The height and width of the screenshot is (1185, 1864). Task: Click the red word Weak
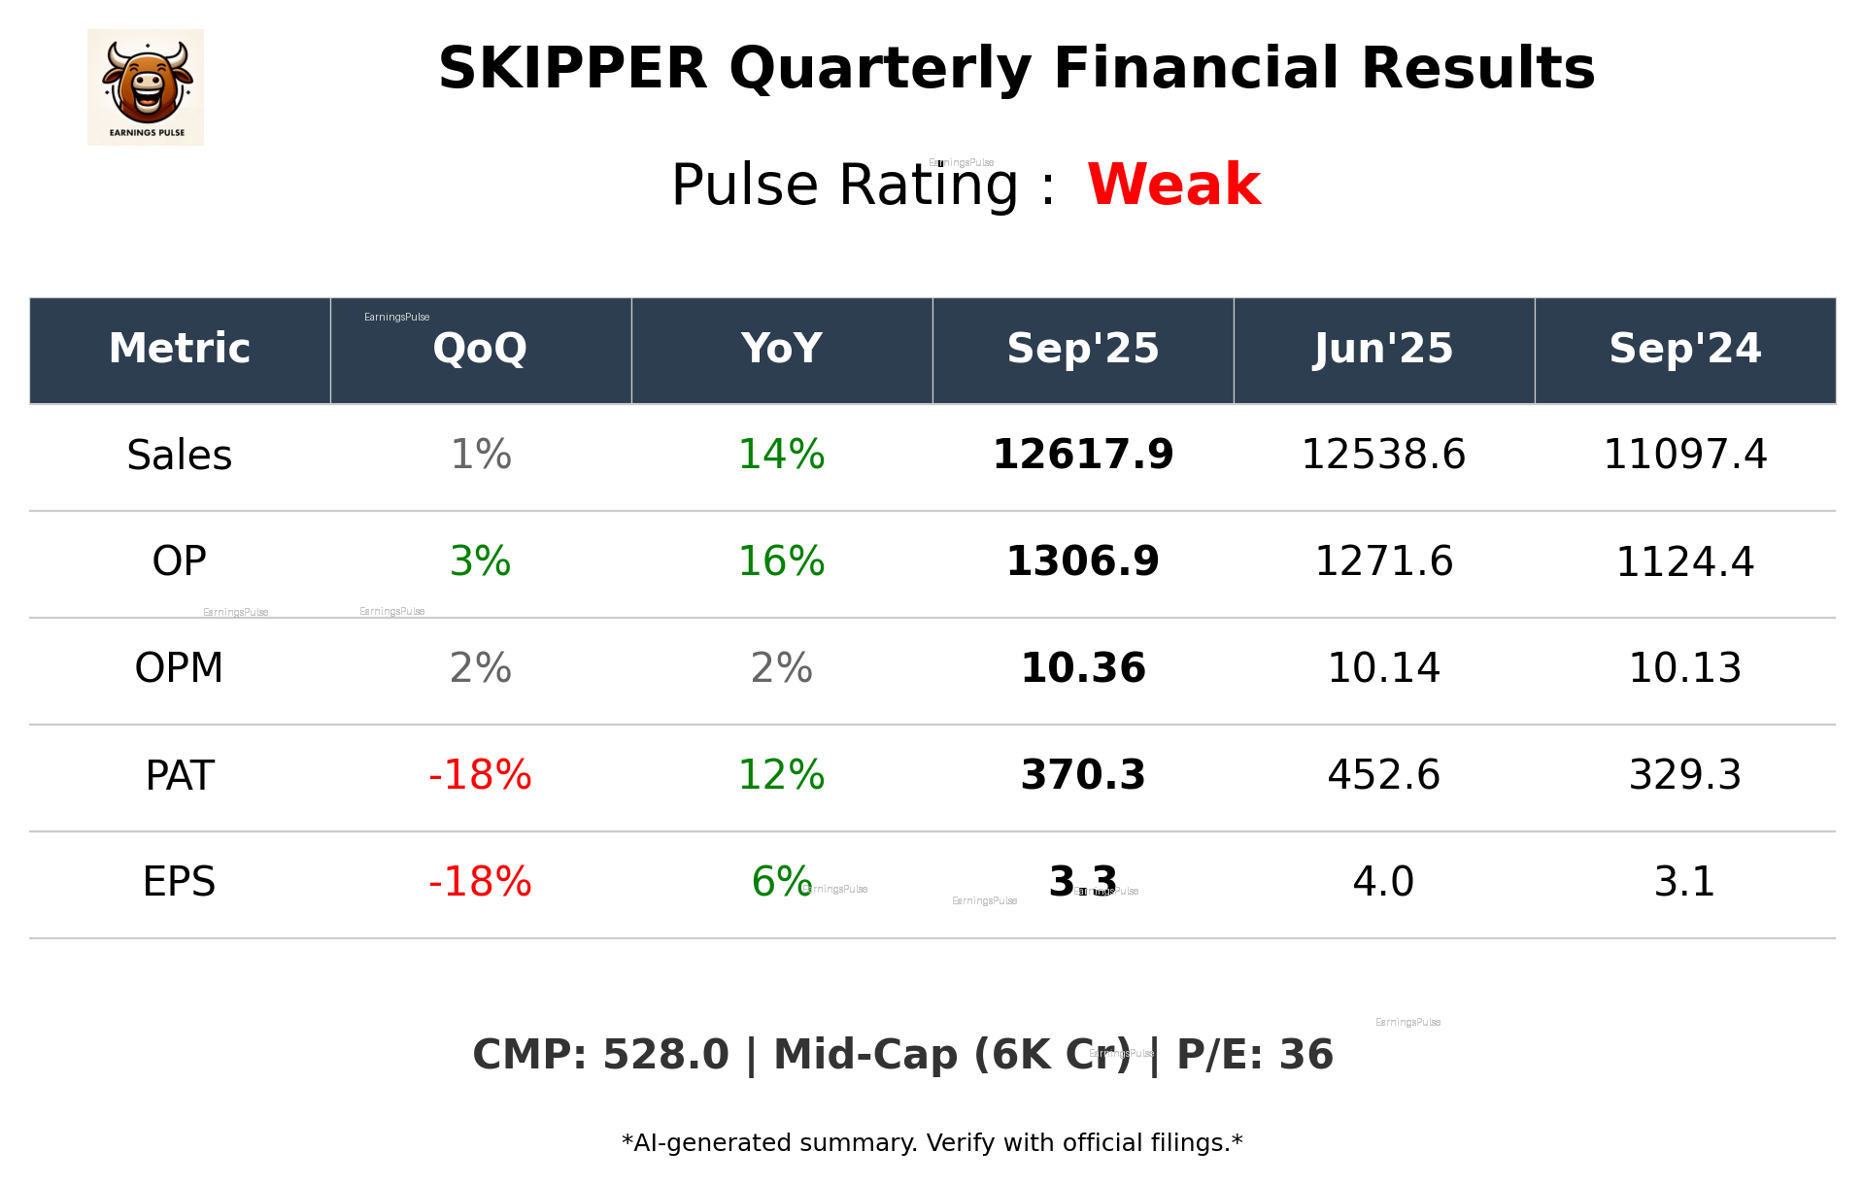[x=1173, y=185]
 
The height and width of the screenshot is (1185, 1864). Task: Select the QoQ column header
[x=480, y=349]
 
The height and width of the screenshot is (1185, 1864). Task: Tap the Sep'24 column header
[x=1684, y=349]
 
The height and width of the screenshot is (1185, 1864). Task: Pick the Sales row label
[x=180, y=456]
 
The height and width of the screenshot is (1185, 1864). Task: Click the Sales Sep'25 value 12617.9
[x=1082, y=456]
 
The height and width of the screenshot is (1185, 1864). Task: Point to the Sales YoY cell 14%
[x=781, y=456]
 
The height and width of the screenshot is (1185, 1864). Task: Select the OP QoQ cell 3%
[x=480, y=562]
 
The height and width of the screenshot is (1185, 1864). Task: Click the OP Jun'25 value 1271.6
[x=1383, y=562]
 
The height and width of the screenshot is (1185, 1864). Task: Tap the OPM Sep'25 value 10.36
[x=1082, y=669]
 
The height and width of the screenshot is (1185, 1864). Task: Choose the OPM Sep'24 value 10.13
[x=1684, y=669]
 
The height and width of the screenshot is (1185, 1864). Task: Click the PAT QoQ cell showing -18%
[x=480, y=776]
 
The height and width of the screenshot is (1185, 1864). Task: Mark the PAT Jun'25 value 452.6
[x=1383, y=776]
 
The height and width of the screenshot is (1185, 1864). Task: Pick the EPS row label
[x=180, y=883]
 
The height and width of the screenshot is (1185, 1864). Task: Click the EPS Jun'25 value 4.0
[x=1383, y=883]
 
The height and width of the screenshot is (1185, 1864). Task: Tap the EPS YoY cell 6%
[x=781, y=883]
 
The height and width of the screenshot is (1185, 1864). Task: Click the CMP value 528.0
[x=664, y=1056]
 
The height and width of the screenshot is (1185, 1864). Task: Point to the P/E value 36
[x=1305, y=1056]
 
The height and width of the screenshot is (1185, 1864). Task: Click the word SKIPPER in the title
[x=572, y=70]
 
